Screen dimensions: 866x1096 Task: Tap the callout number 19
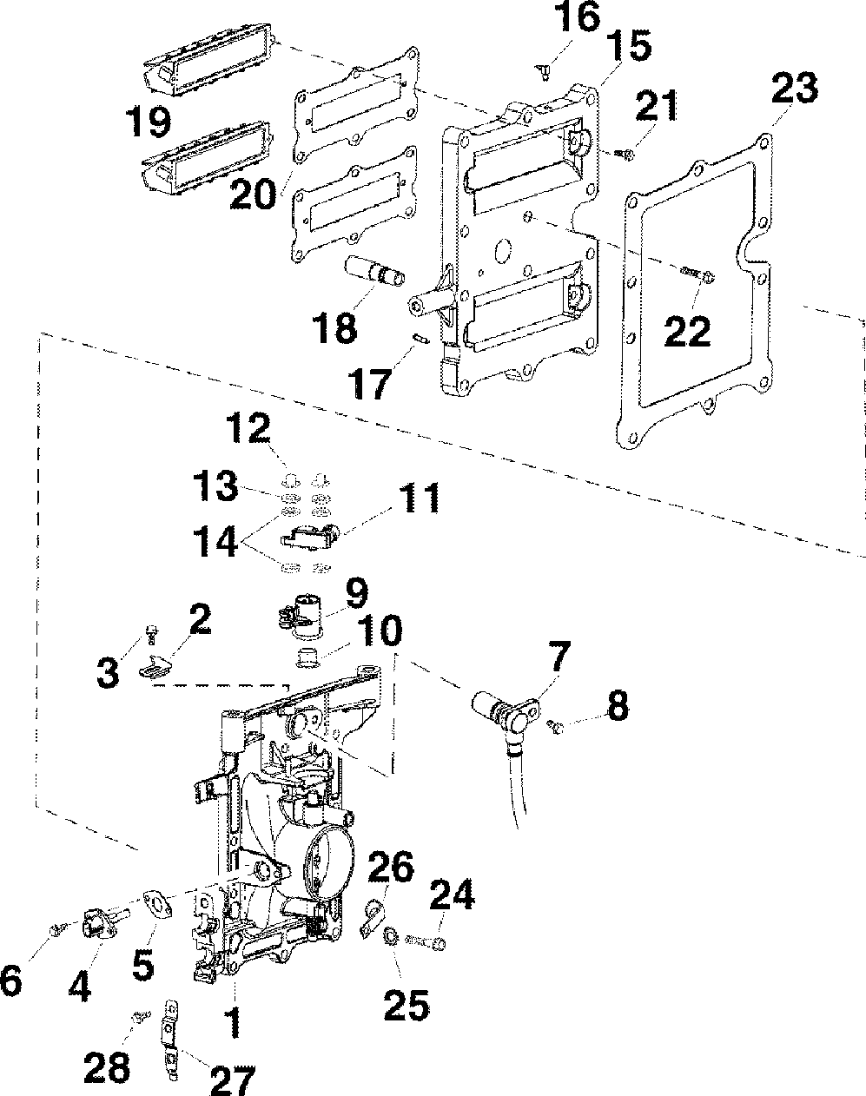coord(149,122)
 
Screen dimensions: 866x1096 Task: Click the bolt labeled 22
coord(697,274)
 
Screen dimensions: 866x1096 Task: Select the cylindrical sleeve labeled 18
coord(374,269)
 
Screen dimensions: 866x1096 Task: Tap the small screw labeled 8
coord(554,726)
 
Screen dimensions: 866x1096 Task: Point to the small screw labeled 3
coord(152,631)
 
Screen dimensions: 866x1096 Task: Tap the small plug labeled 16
coord(544,72)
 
